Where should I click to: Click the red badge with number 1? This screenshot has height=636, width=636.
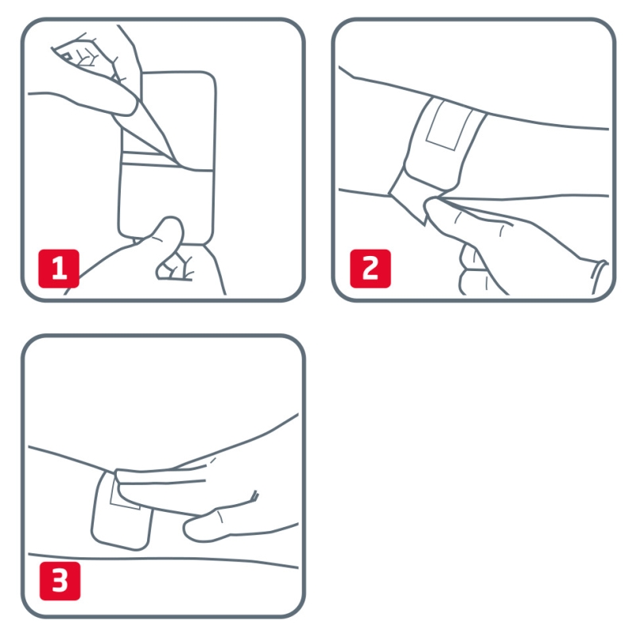click(59, 269)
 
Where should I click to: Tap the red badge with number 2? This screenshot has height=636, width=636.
click(370, 269)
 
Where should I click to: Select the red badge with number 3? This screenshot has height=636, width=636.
click(60, 581)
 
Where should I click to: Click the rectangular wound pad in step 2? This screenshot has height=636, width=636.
click(449, 125)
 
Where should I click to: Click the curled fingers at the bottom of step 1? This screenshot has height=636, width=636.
click(174, 267)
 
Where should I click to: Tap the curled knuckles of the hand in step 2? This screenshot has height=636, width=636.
click(472, 270)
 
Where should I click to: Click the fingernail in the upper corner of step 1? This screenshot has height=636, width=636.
click(66, 56)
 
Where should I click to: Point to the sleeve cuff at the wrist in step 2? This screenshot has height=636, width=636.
click(599, 277)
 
